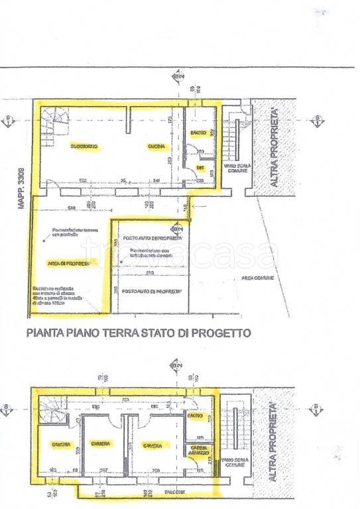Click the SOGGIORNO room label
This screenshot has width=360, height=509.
click(x=85, y=146)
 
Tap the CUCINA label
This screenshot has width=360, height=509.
click(x=157, y=146)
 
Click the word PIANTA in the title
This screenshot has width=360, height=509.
click(x=44, y=333)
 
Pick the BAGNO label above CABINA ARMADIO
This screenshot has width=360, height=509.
click(x=196, y=416)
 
